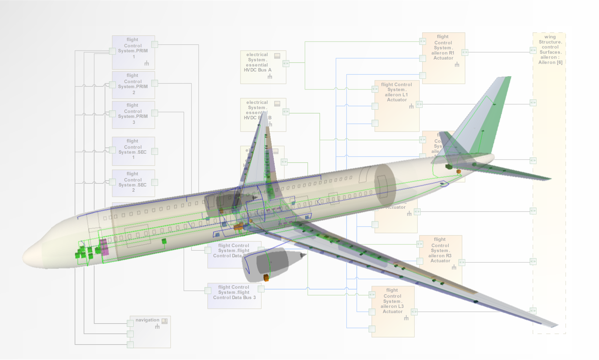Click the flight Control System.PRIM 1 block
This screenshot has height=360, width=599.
coord(133,52)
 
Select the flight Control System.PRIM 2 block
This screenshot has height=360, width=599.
coord(133,85)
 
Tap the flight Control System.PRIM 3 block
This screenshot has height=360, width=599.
coord(133,115)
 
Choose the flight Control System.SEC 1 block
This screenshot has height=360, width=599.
coord(133,151)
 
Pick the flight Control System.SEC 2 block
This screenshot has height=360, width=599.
coord(133,183)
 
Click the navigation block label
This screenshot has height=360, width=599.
coord(147,320)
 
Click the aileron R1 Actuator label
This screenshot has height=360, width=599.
coord(443,48)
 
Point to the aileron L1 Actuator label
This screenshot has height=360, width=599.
coord(397,92)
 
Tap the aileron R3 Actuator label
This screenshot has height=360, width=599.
coord(440,250)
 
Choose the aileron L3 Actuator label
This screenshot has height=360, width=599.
coord(392,301)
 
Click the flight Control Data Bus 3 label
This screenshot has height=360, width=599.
coord(234,293)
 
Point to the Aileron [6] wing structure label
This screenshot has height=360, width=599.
coord(550,50)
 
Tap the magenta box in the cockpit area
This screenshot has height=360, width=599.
coord(104,247)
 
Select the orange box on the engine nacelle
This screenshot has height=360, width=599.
coord(266,278)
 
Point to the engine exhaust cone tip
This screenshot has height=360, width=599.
coord(305,255)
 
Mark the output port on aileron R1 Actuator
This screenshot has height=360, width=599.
coord(465,52)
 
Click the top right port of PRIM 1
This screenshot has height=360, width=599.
coord(155,45)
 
